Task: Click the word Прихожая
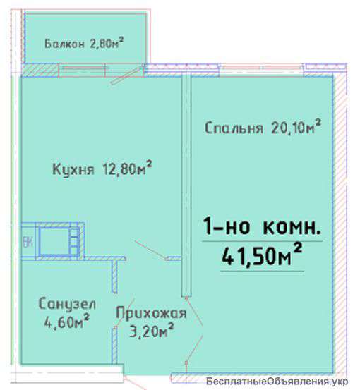[152, 313]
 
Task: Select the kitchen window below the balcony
[81, 70]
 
